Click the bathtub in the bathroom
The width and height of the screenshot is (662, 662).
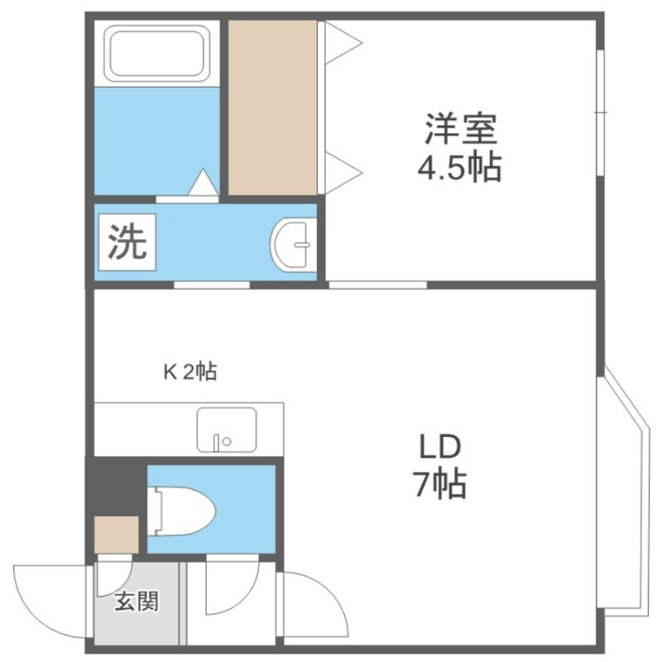click(x=157, y=54)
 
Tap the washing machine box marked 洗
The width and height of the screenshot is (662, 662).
click(x=127, y=242)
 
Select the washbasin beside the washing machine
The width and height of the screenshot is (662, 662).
click(x=293, y=243)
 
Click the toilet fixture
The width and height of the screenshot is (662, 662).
click(x=181, y=511)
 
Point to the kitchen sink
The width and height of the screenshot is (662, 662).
click(x=227, y=429)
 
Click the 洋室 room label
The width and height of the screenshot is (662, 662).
click(x=461, y=129)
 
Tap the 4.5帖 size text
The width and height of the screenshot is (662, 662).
click(x=460, y=167)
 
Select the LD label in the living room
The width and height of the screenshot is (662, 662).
click(x=439, y=447)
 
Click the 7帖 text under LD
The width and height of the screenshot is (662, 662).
click(x=439, y=484)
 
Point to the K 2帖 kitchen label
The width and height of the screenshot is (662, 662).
click(x=190, y=372)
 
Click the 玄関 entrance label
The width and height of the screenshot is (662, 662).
click(x=137, y=601)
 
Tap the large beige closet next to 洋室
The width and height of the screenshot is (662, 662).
click(x=273, y=108)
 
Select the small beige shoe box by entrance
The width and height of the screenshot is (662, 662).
click(x=117, y=535)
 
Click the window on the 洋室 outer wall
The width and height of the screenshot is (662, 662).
click(x=601, y=113)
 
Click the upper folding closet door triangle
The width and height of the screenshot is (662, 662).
click(x=343, y=43)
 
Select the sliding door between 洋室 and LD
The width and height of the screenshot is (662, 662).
click(x=378, y=285)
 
